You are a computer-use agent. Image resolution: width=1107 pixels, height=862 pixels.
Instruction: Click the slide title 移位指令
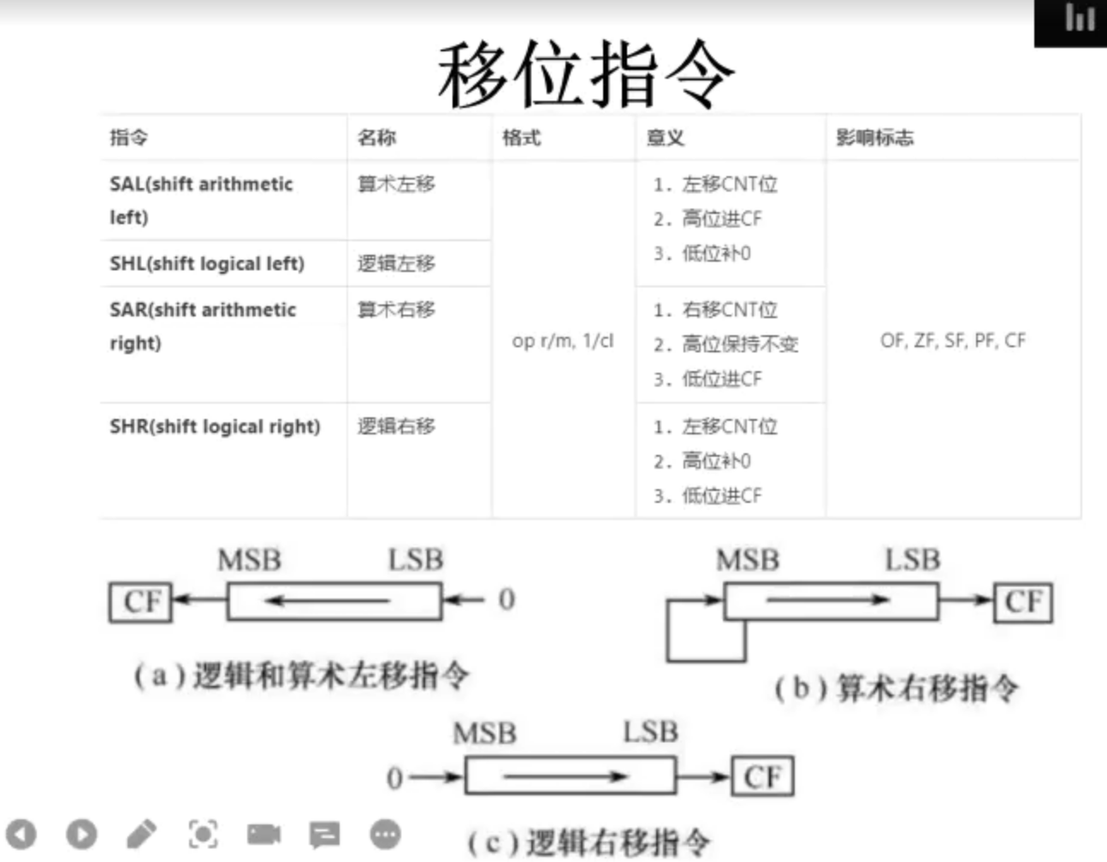coord(586,74)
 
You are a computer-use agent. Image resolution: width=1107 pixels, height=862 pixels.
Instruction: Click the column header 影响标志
coord(874,138)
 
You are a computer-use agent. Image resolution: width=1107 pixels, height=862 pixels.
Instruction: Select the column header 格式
coord(522,138)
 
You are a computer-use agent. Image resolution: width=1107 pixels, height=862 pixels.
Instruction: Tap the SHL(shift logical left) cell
coord(207,263)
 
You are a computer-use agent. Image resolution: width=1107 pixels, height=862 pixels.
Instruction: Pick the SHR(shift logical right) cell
coord(215,427)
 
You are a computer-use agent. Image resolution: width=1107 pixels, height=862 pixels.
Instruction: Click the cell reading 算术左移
coord(396,184)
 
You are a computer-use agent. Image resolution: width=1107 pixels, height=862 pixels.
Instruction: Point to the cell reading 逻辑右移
coord(396,426)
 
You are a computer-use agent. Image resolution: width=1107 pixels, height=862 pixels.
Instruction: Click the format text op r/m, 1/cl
coord(563,340)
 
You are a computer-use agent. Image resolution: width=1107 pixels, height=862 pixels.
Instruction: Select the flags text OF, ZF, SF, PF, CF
coord(953,340)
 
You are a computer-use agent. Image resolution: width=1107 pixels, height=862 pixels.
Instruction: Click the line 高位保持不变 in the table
coord(739,344)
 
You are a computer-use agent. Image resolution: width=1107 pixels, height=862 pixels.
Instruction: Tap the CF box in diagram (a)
coord(141,601)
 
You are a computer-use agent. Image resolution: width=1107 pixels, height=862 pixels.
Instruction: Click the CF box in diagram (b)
coord(1023,602)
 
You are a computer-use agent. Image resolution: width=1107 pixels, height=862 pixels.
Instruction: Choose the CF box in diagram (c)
coord(762,776)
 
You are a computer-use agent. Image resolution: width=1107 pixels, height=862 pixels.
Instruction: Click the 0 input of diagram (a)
coord(506,599)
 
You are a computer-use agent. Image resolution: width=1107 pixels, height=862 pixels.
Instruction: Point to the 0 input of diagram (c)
coord(394,777)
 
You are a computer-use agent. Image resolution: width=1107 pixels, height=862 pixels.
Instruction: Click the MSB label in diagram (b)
coord(748,560)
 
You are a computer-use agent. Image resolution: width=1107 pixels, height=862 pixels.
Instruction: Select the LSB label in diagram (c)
coord(651,732)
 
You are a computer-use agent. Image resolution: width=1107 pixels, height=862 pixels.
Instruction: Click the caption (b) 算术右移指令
coord(897,688)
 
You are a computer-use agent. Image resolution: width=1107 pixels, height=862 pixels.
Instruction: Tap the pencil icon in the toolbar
coord(141,834)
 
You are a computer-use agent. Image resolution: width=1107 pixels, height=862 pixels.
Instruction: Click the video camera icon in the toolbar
coord(263,834)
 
